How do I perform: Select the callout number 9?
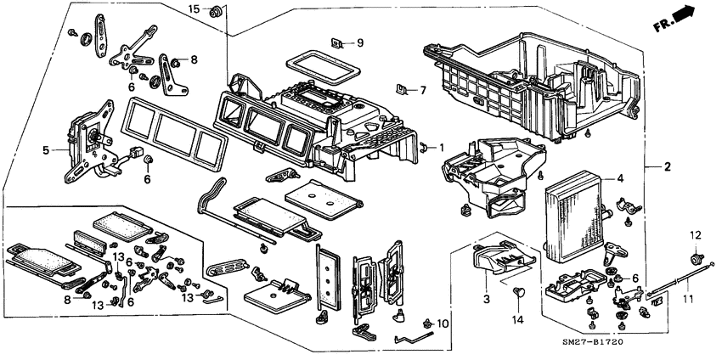[x=359, y=42]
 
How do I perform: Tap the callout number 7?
[x=426, y=90]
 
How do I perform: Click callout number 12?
[x=693, y=234]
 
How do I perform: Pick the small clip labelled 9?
[x=337, y=42]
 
